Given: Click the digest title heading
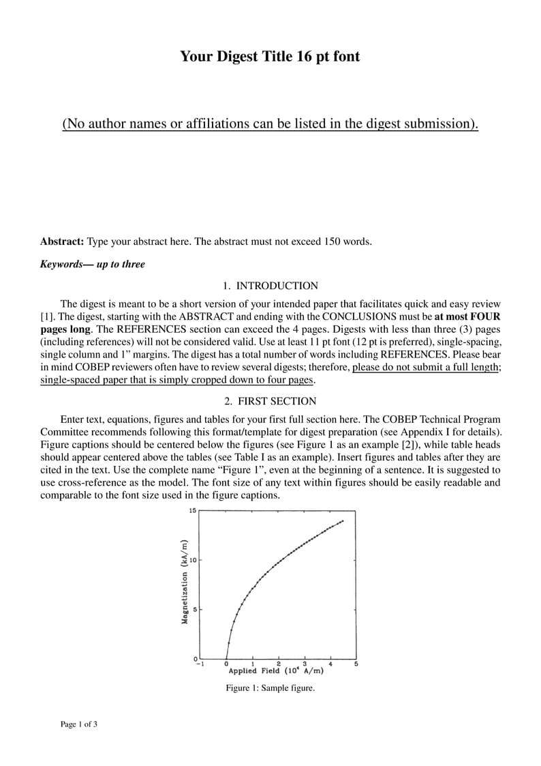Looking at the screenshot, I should pyautogui.click(x=270, y=56).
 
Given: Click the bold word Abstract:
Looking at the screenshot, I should pyautogui.click(x=62, y=241).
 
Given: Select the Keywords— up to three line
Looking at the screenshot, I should pyautogui.click(x=93, y=264).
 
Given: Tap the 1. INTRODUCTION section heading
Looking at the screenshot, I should pyautogui.click(x=270, y=286).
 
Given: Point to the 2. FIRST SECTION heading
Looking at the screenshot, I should pyautogui.click(x=270, y=401).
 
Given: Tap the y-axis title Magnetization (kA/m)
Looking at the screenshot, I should pyautogui.click(x=185, y=581).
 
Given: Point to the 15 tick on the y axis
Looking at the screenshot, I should pyautogui.click(x=192, y=511).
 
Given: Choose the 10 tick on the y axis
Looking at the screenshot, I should pyautogui.click(x=193, y=560).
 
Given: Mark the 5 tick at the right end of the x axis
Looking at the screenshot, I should pyautogui.click(x=356, y=663).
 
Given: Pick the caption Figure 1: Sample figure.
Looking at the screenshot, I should pyautogui.click(x=270, y=688).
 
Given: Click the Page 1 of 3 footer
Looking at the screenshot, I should pyautogui.click(x=79, y=724).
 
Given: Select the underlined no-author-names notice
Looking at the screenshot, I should pyautogui.click(x=270, y=123).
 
